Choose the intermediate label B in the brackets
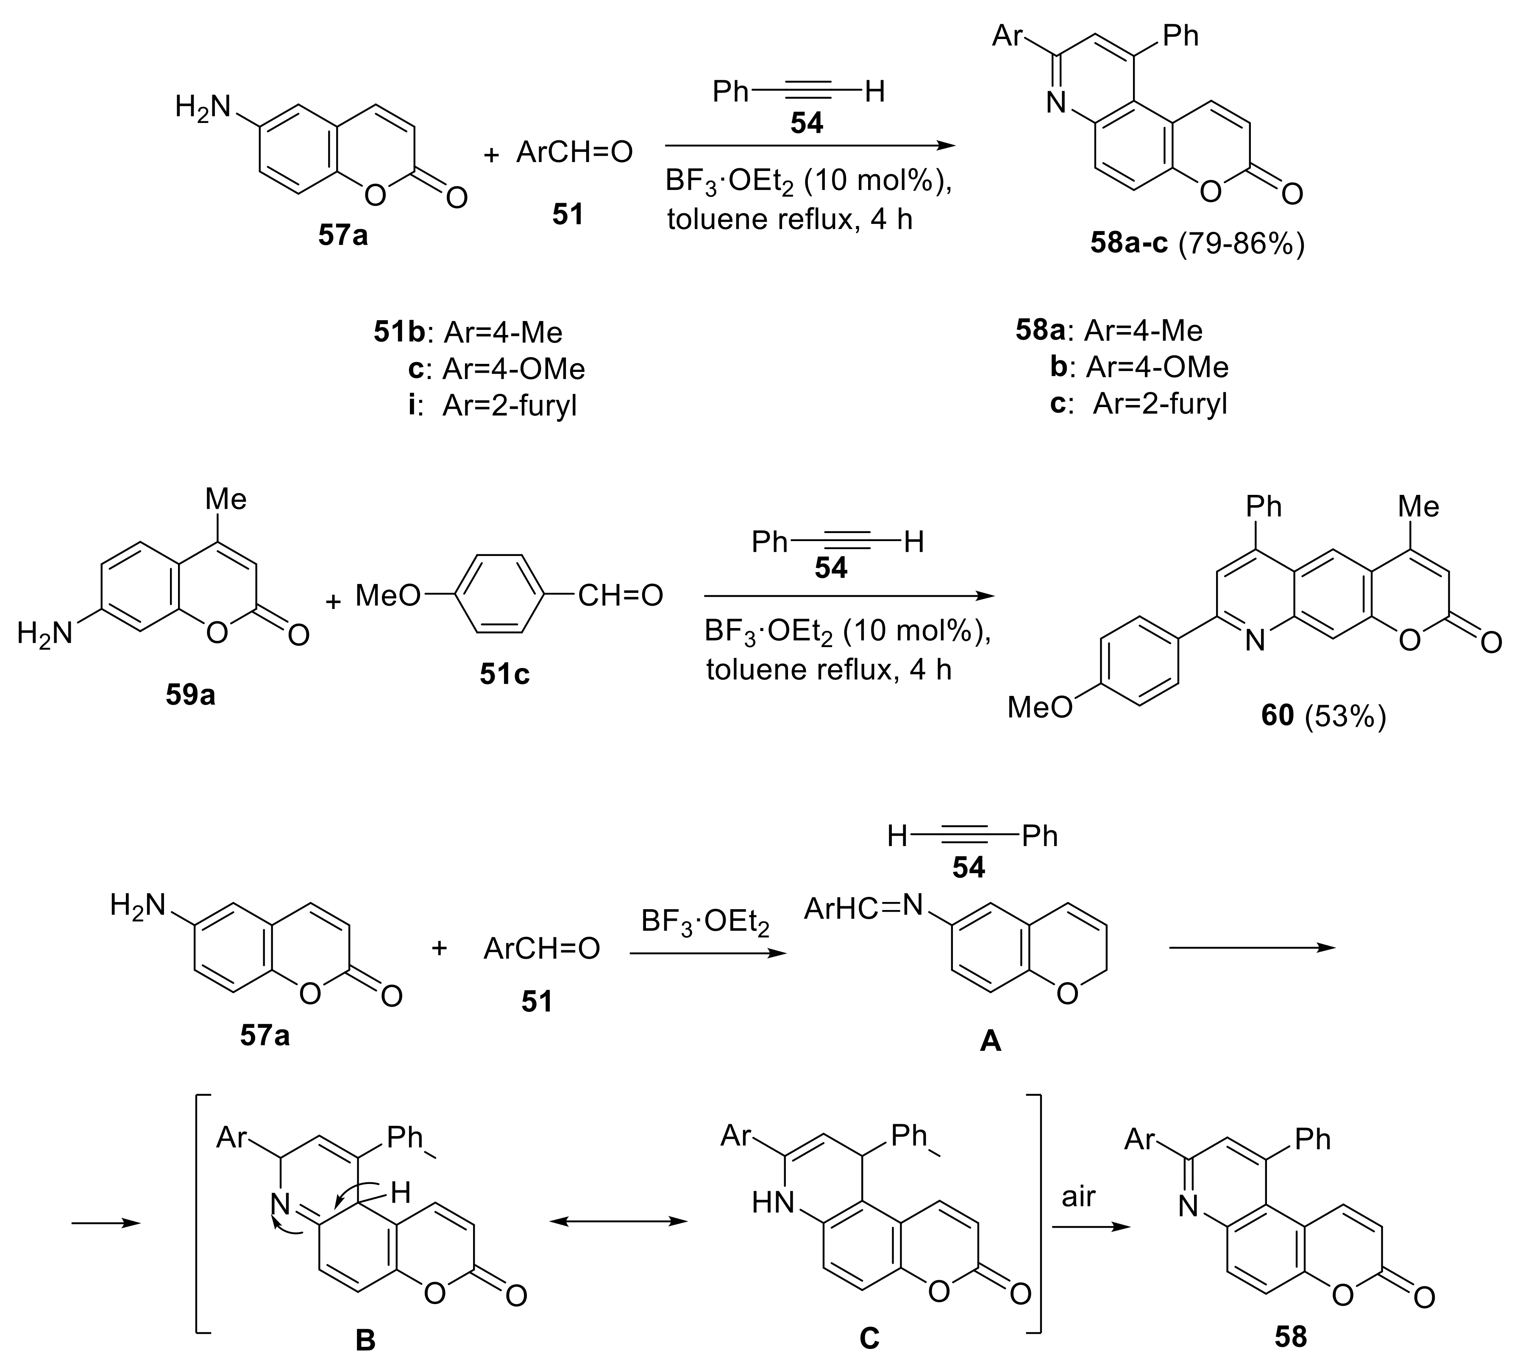click(x=365, y=1339)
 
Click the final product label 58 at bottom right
click(x=1290, y=1336)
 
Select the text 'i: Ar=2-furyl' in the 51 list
click(x=493, y=406)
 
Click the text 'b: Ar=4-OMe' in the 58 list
click(x=1139, y=367)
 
